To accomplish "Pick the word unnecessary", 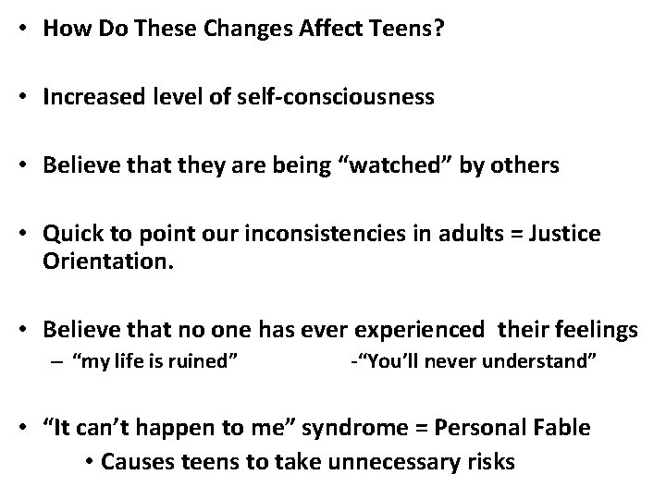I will [368, 461].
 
